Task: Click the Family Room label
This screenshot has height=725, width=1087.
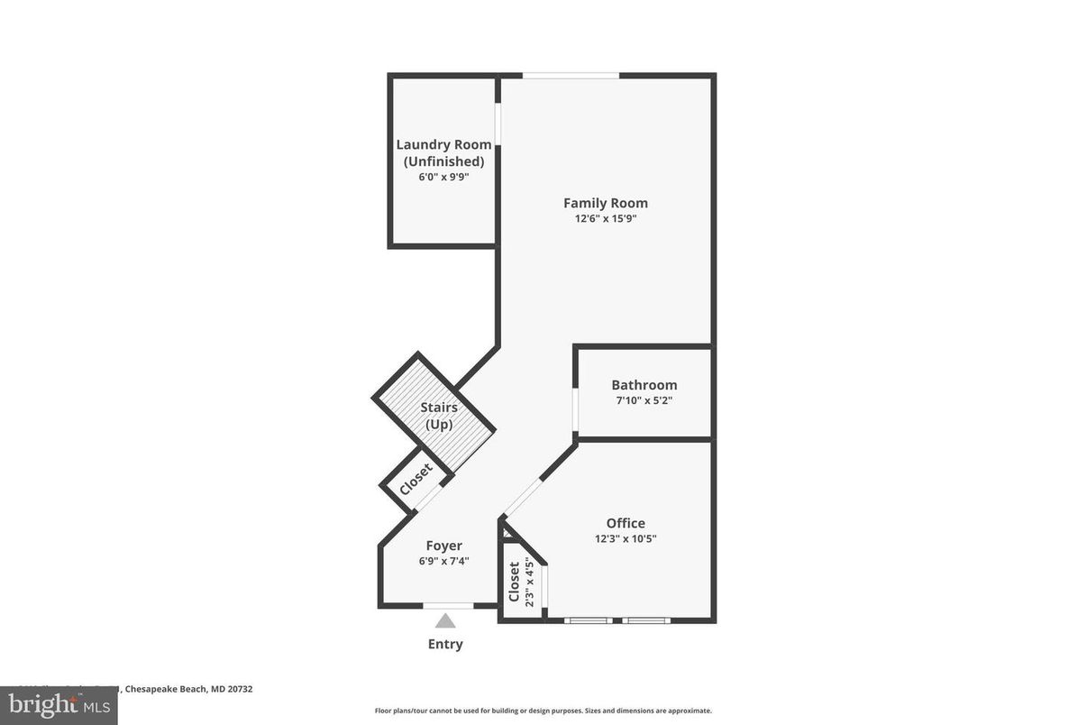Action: click(605, 203)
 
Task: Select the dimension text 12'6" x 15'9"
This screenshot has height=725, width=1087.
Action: click(605, 218)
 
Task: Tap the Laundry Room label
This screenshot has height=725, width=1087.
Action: click(443, 144)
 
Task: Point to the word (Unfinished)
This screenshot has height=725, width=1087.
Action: click(443, 161)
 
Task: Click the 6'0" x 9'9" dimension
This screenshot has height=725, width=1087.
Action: click(443, 177)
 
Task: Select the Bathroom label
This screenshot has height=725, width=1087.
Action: click(644, 385)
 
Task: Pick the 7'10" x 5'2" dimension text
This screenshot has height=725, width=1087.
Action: click(644, 400)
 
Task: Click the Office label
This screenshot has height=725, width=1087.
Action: click(625, 523)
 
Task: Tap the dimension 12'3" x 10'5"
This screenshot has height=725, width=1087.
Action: click(625, 538)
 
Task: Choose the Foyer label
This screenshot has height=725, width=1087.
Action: click(443, 546)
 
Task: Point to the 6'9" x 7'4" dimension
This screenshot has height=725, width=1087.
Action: click(443, 561)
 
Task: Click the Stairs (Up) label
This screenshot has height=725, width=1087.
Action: click(438, 416)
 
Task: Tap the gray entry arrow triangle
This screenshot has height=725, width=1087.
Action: click(445, 620)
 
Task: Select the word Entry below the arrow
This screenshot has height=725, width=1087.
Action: click(445, 644)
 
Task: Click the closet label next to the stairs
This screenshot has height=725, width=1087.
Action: click(416, 480)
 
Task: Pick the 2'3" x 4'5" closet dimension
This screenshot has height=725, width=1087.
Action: click(529, 583)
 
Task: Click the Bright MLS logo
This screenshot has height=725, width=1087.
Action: click(59, 704)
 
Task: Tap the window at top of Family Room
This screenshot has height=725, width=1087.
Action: click(571, 76)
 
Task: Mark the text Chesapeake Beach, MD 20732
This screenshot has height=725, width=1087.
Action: click(188, 689)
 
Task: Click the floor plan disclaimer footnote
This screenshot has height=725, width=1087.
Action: click(543, 711)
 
